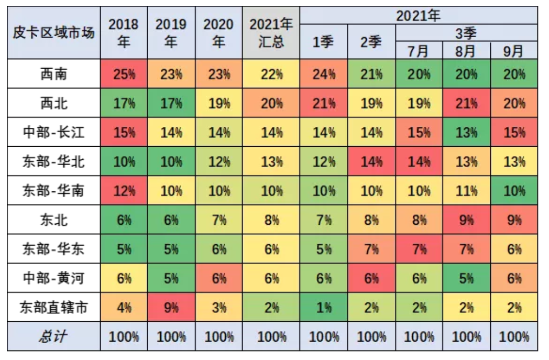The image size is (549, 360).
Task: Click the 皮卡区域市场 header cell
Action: pyautogui.click(x=54, y=32)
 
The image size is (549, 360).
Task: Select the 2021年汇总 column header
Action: pyautogui.click(x=271, y=32)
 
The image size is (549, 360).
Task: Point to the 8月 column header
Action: pyautogui.click(x=466, y=51)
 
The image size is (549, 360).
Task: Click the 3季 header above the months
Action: pyautogui.click(x=466, y=34)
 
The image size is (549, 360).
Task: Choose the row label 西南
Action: pyautogui.click(x=54, y=74)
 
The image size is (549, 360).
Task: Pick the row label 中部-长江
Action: pyautogui.click(x=54, y=133)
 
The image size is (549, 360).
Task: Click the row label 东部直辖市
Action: pyautogui.click(x=54, y=307)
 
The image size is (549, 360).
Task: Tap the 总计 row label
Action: pyautogui.click(x=54, y=336)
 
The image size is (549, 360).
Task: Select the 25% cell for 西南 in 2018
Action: pyautogui.click(x=124, y=74)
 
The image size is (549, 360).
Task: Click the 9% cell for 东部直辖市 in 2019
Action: pyautogui.click(x=171, y=307)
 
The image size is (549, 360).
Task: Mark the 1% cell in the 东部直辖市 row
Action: pyautogui.click(x=323, y=307)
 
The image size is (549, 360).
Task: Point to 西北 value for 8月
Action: pyautogui.click(x=466, y=103)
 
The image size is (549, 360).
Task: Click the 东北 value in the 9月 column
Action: pyautogui.click(x=514, y=220)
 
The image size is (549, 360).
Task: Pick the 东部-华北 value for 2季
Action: pyautogui.click(x=371, y=161)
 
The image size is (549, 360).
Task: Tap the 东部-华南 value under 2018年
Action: pyautogui.click(x=124, y=191)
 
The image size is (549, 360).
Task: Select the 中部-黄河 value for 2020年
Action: pyautogui.click(x=218, y=278)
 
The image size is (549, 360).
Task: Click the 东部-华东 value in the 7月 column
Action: pyautogui.click(x=419, y=249)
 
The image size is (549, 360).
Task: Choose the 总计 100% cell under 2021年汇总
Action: pyautogui.click(x=271, y=336)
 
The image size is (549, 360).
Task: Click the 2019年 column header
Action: pyautogui.click(x=171, y=32)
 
